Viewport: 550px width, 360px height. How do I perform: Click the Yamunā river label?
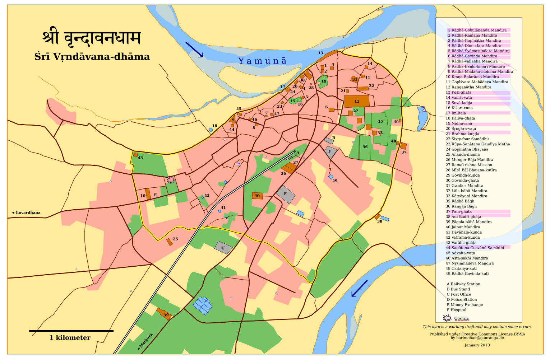pyautogui.click(x=262, y=61)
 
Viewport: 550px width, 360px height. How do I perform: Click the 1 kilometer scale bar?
pyautogui.click(x=71, y=331)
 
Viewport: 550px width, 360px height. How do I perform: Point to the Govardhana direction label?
pyautogui.click(x=26, y=212)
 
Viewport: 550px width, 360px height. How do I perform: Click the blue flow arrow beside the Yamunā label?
pyautogui.click(x=194, y=50)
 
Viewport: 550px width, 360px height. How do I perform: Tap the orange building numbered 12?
pyautogui.click(x=357, y=101)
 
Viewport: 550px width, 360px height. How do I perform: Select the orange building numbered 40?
pyautogui.click(x=257, y=196)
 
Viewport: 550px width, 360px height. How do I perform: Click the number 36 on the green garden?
pyautogui.click(x=365, y=146)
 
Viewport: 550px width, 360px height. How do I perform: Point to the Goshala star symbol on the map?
pyautogui.click(x=171, y=179)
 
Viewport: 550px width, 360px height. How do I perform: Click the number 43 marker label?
pyautogui.click(x=140, y=158)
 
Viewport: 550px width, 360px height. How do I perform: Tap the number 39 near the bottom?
pyautogui.click(x=166, y=315)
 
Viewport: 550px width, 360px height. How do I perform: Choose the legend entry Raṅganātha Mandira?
pyautogui.click(x=468, y=87)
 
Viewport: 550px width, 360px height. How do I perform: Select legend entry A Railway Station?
pyautogui.click(x=463, y=284)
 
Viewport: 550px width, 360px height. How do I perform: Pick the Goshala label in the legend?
pyautogui.click(x=461, y=318)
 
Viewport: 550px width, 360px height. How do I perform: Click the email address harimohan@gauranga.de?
pyautogui.click(x=477, y=338)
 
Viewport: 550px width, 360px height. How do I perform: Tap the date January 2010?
pyautogui.click(x=477, y=345)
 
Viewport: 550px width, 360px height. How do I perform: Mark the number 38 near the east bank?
pyautogui.click(x=380, y=221)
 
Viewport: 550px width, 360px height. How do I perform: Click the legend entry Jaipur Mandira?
pyautogui.click(x=463, y=227)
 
